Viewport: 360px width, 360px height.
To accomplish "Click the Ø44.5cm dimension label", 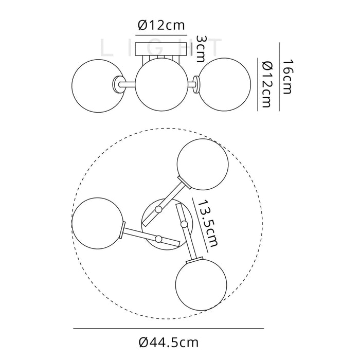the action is point(169,343).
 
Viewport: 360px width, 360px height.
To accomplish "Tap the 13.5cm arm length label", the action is point(208,224).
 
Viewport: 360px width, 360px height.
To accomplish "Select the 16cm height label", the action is point(287,77).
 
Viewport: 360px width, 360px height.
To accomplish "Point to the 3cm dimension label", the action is point(200,49).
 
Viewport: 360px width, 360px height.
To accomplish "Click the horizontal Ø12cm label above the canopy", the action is point(161,25).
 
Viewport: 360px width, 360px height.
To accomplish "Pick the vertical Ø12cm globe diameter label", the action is point(266,84).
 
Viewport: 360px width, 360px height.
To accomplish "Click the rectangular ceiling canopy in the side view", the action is point(161,49).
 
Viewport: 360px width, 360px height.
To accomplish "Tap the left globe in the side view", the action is point(98,86).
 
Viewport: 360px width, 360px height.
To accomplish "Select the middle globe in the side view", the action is point(161,84).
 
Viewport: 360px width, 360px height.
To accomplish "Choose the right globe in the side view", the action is point(224,84).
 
